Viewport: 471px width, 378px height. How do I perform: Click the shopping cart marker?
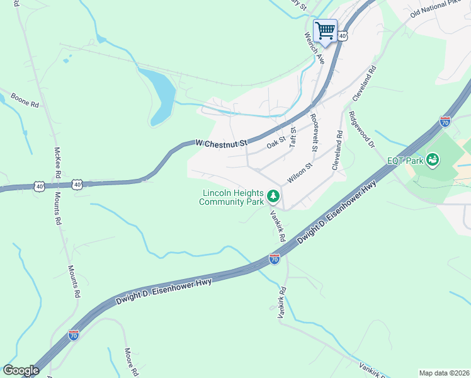click(x=325, y=30)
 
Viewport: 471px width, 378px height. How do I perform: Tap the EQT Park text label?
click(x=404, y=160)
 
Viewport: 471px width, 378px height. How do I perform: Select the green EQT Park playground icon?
click(x=433, y=160)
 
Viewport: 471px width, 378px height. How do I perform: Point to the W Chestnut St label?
click(x=221, y=143)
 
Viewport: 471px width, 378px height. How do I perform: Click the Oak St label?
click(x=276, y=142)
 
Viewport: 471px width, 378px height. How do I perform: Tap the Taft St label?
click(x=293, y=139)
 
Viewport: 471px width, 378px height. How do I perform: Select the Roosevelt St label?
click(x=313, y=132)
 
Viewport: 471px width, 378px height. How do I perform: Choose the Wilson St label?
click(x=300, y=174)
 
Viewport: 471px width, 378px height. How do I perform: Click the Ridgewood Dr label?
click(x=361, y=130)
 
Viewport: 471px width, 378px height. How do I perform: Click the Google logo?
click(x=21, y=370)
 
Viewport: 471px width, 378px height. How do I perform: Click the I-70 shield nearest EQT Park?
click(x=445, y=121)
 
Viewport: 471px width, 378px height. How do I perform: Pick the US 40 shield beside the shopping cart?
click(x=342, y=37)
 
